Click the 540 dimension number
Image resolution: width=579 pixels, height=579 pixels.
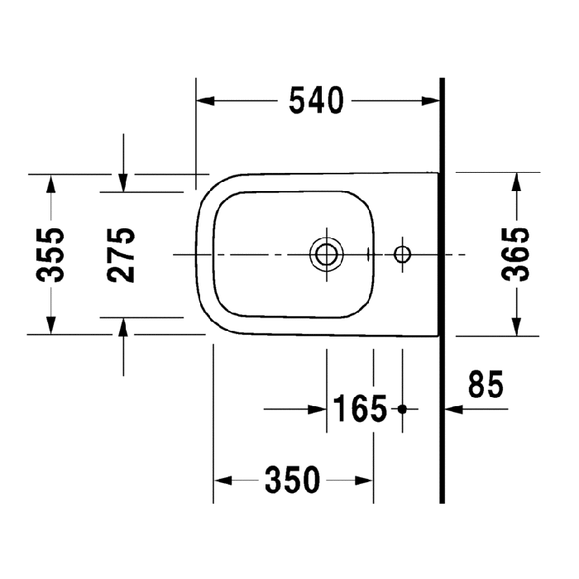(316, 101)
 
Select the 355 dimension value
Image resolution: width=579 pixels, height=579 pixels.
(54, 255)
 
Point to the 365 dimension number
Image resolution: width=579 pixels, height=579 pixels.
(518, 255)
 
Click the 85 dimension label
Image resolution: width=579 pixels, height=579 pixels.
(486, 385)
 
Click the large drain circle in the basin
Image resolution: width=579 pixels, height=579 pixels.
(327, 254)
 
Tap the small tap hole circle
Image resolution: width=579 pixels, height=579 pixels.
(403, 254)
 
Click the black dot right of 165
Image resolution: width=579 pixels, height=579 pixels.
(403, 409)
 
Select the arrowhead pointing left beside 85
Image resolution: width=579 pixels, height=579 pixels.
(451, 408)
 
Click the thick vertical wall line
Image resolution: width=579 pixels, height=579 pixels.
(442, 289)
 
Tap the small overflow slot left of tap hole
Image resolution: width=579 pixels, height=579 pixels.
(372, 254)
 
